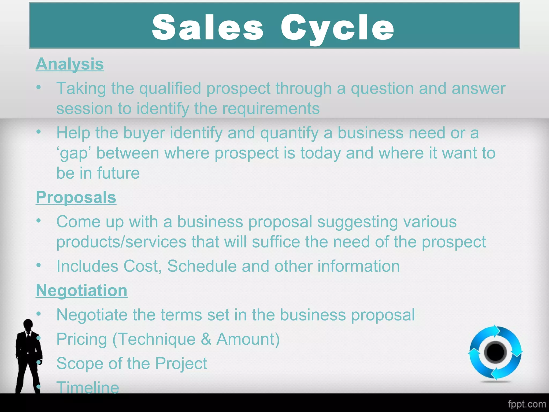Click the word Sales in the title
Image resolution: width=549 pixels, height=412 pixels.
(207, 27)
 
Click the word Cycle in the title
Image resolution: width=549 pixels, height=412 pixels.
(337, 28)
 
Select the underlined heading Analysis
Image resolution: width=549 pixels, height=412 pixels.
(70, 64)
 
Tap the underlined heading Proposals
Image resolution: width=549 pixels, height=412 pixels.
(76, 197)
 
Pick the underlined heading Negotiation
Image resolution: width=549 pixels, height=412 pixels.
(81, 290)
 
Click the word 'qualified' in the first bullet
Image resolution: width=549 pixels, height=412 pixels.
(170, 89)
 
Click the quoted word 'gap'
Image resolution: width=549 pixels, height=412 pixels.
(74, 153)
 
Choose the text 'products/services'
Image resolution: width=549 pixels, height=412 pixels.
(121, 242)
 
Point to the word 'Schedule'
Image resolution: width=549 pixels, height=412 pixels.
(202, 266)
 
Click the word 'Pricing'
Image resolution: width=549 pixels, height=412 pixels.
(82, 339)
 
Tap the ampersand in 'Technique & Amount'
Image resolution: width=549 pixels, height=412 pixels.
(206, 339)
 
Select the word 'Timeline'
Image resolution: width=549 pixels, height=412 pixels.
(88, 387)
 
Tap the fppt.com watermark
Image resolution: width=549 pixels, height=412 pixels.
(526, 404)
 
